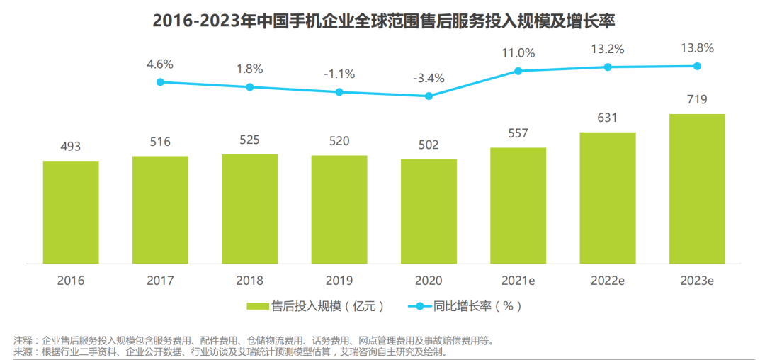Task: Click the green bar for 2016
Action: point(71,211)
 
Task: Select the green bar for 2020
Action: point(429,210)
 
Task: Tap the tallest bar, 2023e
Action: point(697,188)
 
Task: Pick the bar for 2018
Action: point(249,208)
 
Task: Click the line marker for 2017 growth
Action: point(160,82)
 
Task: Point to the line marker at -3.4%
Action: point(429,96)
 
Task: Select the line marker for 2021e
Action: point(518,71)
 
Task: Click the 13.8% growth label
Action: point(697,48)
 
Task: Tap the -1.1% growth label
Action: point(339,74)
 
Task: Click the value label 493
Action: point(71,147)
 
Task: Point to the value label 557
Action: point(518,133)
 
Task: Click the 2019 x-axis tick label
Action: point(339,281)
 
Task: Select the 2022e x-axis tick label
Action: point(607,281)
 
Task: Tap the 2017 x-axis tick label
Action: point(160,281)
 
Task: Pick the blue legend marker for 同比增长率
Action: point(420,306)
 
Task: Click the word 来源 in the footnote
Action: point(23,351)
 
